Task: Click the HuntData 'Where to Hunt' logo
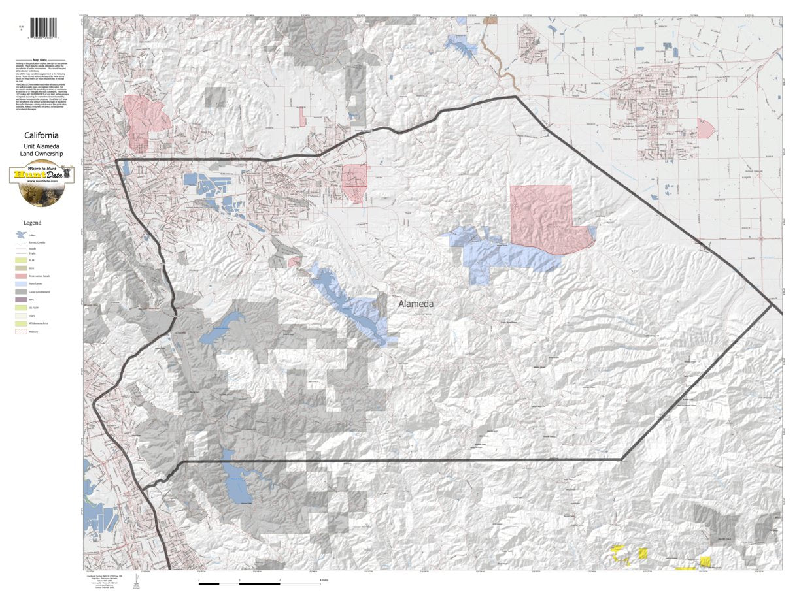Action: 41,184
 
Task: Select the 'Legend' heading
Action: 32,223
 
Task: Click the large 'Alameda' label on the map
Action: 416,304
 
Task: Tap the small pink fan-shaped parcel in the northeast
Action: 706,128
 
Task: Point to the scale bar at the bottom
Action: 259,581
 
